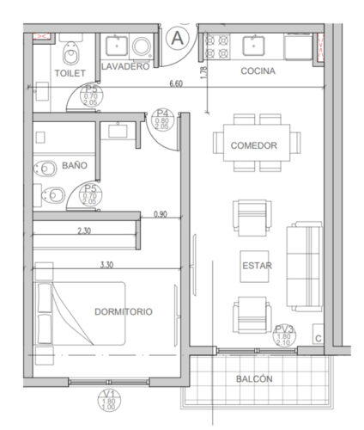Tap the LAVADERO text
click(x=125, y=66)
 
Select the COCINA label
click(x=258, y=71)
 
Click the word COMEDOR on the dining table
click(x=253, y=145)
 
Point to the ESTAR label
click(x=257, y=266)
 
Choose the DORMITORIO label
click(x=124, y=311)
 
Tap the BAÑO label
click(x=74, y=165)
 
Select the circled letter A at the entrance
click(x=178, y=37)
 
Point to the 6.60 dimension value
click(x=176, y=83)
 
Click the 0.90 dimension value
click(x=161, y=213)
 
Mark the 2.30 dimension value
click(x=84, y=230)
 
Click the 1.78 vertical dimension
click(x=203, y=73)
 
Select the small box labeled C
click(x=318, y=338)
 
